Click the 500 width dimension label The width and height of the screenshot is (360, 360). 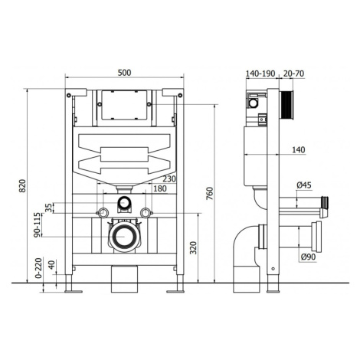pyautogui.click(x=125, y=73)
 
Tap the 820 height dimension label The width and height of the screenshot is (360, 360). pyautogui.click(x=23, y=186)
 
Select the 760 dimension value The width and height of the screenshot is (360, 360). pyautogui.click(x=209, y=194)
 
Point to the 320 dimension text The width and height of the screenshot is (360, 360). pyautogui.click(x=194, y=247)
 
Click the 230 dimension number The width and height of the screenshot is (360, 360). pyautogui.click(x=169, y=178)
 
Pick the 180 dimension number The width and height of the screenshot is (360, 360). pyautogui.click(x=160, y=188)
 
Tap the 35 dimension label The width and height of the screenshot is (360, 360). pyautogui.click(x=48, y=208)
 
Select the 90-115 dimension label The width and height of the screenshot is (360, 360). pyautogui.click(x=38, y=224)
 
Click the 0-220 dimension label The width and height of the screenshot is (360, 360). pyautogui.click(x=38, y=268)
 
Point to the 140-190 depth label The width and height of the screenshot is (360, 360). pyautogui.click(x=260, y=74)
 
